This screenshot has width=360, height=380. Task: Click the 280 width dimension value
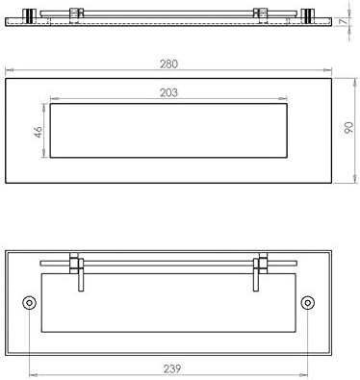pos(168,64)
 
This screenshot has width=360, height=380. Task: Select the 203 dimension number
pos(168,92)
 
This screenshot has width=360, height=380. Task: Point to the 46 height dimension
pos(39,132)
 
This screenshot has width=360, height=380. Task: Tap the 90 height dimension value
pos(348,128)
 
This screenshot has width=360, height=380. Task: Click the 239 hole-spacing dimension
pos(172,368)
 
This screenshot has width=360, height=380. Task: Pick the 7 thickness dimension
pos(344,22)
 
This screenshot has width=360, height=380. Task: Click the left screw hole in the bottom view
pos(29,303)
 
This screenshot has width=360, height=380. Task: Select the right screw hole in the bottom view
pos(308,303)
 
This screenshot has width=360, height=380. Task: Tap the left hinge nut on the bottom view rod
pos(74,264)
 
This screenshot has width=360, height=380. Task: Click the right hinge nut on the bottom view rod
pos(263,264)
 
